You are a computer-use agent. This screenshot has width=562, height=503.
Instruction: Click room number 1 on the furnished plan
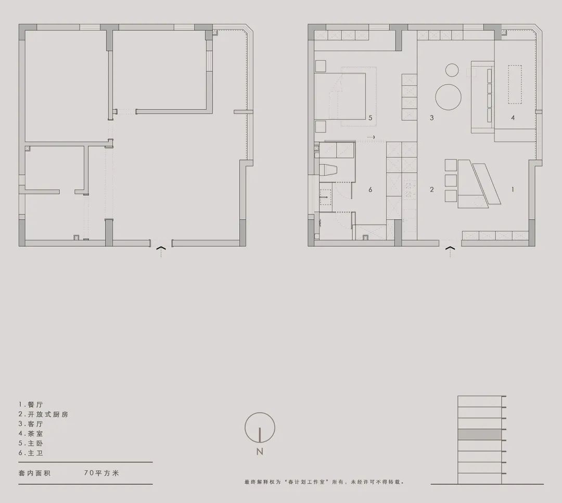(x=513, y=190)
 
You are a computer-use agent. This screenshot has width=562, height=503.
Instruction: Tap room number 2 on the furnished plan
(x=431, y=190)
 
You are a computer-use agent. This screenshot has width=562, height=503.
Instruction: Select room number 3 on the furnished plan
(x=431, y=118)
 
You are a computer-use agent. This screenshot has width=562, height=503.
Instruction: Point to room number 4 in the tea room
(x=513, y=118)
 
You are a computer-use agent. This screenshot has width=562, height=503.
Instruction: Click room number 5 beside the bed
(x=370, y=118)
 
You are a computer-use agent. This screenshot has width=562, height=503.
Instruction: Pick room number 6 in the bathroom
(x=370, y=190)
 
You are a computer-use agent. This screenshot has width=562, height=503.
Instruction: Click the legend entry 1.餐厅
(x=31, y=404)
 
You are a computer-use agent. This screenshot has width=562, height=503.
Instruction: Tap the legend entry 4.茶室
(x=31, y=433)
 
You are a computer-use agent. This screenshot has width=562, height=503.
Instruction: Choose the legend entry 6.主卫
(x=31, y=453)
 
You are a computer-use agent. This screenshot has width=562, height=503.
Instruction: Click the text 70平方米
(x=101, y=473)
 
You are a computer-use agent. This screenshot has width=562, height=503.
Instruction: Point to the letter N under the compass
(x=260, y=452)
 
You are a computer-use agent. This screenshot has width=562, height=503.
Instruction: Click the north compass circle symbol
(x=260, y=427)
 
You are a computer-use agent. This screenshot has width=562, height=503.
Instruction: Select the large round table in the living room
(x=449, y=97)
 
